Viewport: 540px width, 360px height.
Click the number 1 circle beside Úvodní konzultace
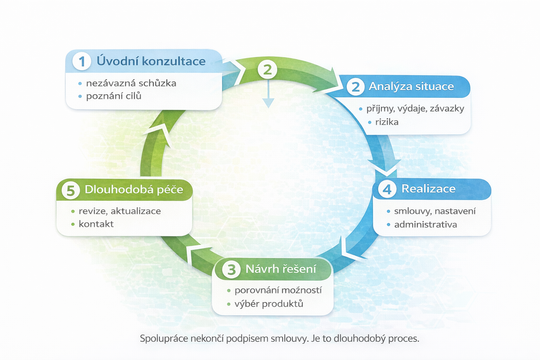[82, 61]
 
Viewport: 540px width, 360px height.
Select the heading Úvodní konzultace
[151, 61]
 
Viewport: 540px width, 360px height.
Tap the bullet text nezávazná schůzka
[131, 83]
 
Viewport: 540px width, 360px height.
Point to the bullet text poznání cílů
[114, 96]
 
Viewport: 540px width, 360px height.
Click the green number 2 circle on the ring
[268, 70]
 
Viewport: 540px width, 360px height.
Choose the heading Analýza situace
[411, 86]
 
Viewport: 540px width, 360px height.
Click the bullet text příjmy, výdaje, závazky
[415, 109]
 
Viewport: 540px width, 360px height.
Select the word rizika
[387, 122]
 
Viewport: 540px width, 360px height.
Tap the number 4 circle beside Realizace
[387, 189]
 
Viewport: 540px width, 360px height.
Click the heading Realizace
[428, 189]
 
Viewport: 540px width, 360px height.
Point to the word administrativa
[425, 225]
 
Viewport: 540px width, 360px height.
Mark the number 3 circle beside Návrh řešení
[231, 270]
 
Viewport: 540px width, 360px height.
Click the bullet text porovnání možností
[278, 290]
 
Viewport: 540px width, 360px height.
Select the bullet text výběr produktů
[269, 304]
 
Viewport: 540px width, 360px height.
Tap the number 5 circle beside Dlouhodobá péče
[70, 190]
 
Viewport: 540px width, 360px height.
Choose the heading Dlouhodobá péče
[134, 190]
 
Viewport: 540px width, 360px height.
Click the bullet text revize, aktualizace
[120, 211]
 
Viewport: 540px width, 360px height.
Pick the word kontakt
[96, 224]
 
